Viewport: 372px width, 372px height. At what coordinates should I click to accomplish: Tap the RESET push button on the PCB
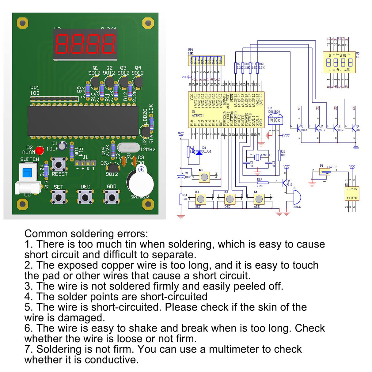coord(58,164)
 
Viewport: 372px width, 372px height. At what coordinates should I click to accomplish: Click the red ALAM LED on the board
coord(39,150)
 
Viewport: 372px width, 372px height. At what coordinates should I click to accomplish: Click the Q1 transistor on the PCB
coord(94,82)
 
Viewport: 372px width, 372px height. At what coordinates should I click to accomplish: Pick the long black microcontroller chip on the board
coord(83,121)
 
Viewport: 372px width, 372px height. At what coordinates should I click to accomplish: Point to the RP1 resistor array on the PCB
coord(54,99)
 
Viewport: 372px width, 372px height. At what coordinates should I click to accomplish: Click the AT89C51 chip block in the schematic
coord(226,109)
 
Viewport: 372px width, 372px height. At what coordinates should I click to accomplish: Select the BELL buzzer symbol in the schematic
coord(296,197)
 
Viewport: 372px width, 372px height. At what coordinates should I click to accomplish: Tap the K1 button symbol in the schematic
coord(204,177)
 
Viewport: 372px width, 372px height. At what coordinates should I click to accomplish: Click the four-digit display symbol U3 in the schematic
coord(339,62)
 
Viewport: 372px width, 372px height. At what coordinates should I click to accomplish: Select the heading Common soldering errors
coord(86,233)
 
